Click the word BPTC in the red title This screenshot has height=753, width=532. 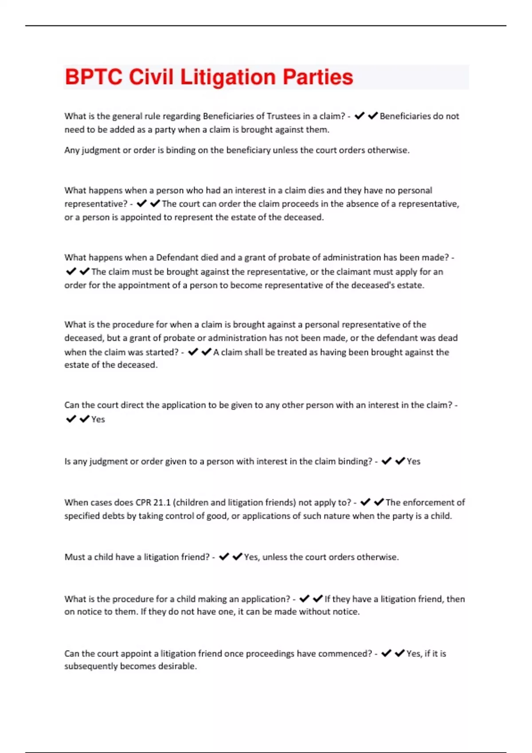[93, 77]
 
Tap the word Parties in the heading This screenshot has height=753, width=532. [318, 77]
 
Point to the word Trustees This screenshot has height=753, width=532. [283, 116]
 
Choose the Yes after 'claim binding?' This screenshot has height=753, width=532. [414, 462]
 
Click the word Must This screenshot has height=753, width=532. [74, 557]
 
